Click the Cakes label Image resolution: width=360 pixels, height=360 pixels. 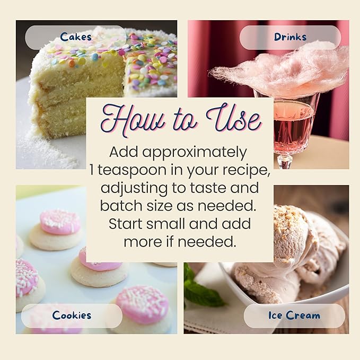(x=76, y=37)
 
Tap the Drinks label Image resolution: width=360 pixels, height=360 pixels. (x=290, y=37)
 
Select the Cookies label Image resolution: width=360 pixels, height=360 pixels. (x=72, y=315)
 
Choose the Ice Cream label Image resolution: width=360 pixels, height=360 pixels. (x=294, y=315)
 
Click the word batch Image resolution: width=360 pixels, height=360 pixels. (x=121, y=206)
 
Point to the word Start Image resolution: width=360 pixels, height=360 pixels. (x=125, y=224)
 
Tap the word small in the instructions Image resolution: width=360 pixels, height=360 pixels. (x=165, y=224)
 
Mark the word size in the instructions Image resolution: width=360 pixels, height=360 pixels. (x=160, y=206)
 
